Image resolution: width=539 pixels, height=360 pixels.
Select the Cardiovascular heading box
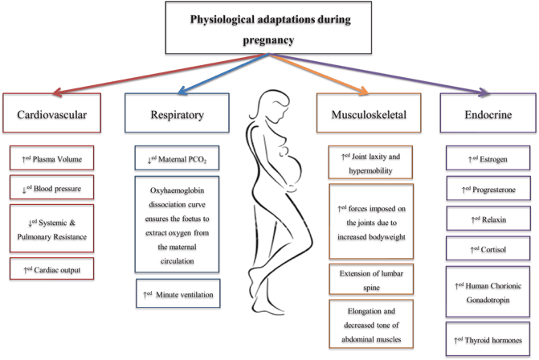coord(52,115)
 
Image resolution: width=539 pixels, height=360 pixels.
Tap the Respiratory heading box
coord(177,115)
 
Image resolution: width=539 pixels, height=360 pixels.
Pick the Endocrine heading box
coord(487,115)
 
